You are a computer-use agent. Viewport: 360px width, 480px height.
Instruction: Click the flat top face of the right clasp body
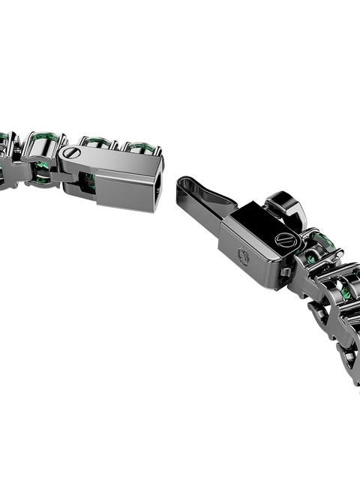(x=255, y=221)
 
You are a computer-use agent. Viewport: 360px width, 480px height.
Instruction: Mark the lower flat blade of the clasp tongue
(x=199, y=214)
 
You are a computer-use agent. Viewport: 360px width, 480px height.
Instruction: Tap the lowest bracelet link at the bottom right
(x=349, y=360)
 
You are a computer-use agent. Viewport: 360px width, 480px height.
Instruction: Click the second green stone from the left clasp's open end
(x=98, y=141)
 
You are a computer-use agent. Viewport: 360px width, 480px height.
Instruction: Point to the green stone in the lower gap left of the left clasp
(x=42, y=178)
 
